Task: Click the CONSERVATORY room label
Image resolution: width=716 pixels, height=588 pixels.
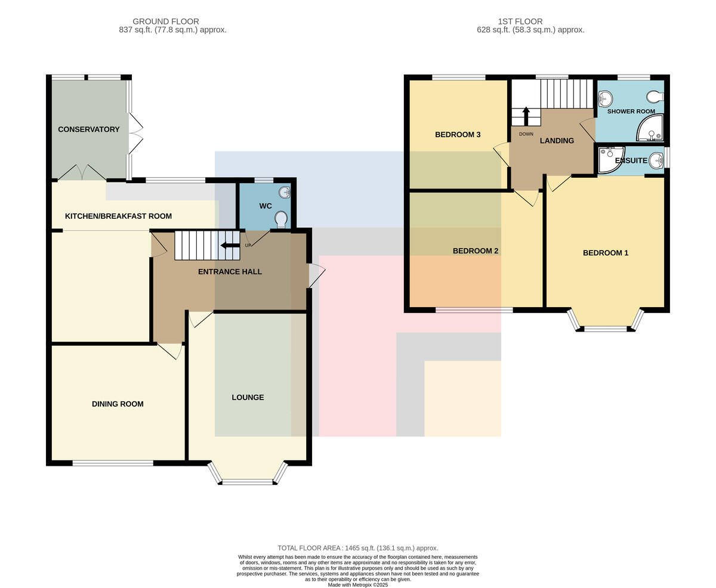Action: tap(89, 129)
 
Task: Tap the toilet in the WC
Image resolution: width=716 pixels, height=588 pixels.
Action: tap(281, 219)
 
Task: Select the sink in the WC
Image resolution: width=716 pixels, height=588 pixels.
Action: tap(285, 193)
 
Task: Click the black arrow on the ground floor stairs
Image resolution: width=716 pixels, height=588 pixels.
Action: tap(230, 245)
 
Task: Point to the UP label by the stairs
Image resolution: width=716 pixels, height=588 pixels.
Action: tap(248, 245)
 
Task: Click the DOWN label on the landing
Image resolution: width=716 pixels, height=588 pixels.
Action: tap(526, 134)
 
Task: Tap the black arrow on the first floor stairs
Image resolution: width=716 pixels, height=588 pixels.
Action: tap(526, 116)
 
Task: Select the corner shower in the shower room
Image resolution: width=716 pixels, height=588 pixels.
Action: tap(650, 128)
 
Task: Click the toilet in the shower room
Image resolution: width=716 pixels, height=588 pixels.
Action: tap(655, 97)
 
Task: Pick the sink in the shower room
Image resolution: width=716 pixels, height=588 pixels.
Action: tap(604, 98)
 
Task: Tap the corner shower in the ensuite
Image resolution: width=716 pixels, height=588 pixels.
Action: tap(611, 160)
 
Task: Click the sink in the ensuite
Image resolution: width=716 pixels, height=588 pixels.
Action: tap(656, 160)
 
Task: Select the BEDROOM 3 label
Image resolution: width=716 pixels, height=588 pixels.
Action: tap(458, 135)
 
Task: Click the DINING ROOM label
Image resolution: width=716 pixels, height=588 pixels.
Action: tap(118, 404)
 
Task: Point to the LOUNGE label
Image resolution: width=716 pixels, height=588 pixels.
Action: tap(248, 397)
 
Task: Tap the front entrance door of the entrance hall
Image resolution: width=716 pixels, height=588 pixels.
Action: tap(316, 275)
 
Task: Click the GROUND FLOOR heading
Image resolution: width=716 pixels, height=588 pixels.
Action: tap(166, 21)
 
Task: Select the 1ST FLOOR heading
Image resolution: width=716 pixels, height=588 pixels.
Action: tap(520, 21)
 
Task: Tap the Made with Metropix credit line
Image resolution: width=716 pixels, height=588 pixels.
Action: tap(358, 585)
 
